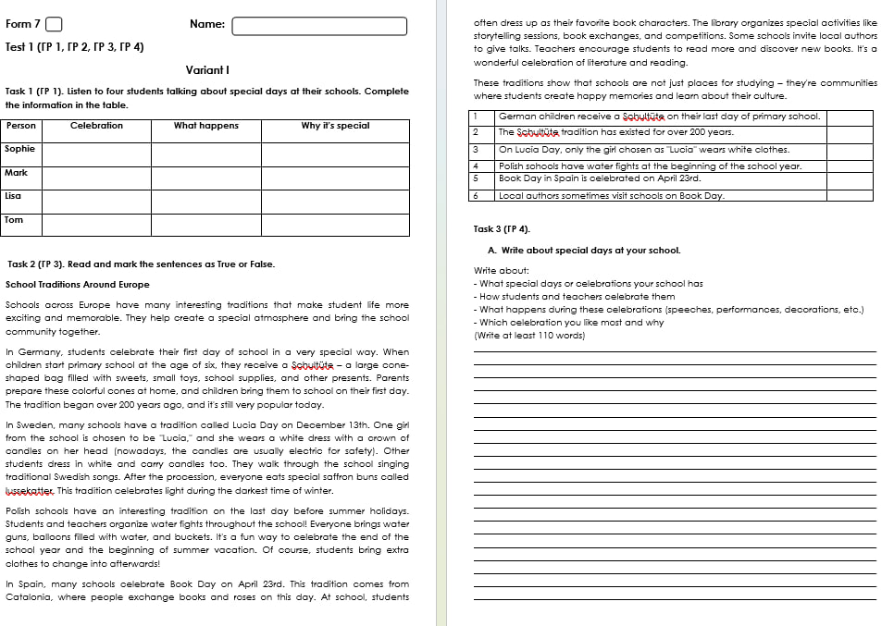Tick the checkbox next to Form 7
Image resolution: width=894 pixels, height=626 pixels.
tap(54, 25)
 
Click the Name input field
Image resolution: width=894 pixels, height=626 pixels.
tap(319, 26)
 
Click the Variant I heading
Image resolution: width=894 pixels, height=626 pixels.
tap(207, 70)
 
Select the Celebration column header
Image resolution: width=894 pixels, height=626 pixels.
tap(96, 126)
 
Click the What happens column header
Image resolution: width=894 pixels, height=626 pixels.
tap(206, 126)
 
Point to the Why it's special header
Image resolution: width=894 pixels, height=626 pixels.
tap(335, 126)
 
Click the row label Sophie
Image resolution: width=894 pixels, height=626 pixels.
tap(20, 149)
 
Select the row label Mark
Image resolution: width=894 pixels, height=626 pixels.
tap(17, 173)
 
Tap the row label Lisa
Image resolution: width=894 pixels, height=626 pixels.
tap(14, 196)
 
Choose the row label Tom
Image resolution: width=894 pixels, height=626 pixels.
tap(14, 220)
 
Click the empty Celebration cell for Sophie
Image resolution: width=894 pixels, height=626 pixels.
tap(96, 153)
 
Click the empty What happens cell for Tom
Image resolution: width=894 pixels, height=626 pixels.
tap(206, 225)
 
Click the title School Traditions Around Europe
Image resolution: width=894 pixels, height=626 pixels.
tap(78, 285)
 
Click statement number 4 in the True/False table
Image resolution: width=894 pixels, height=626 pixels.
tap(475, 166)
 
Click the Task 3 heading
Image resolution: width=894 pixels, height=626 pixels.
tap(502, 229)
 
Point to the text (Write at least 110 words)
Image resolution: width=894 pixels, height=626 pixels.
tap(529, 336)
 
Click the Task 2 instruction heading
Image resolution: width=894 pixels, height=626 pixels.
tap(141, 264)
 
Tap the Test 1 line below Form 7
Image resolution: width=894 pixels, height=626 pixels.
tap(74, 47)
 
